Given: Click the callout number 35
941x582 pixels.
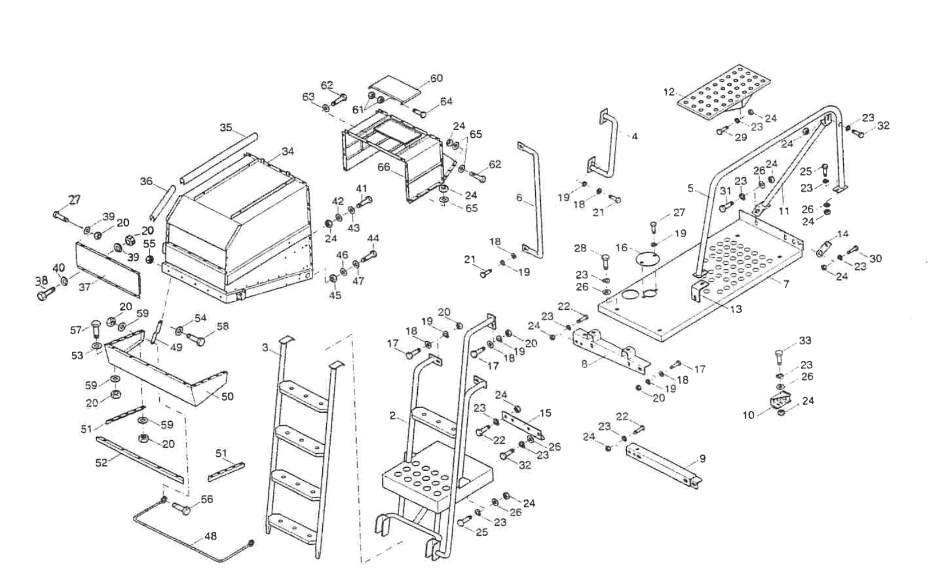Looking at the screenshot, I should click(226, 127).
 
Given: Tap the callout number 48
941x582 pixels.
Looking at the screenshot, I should click(211, 537).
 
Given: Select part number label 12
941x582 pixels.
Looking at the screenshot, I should click(669, 92).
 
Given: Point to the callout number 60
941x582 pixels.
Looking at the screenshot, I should click(436, 78).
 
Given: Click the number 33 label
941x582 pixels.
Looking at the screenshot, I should click(805, 341).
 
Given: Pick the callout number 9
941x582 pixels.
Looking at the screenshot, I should click(702, 459).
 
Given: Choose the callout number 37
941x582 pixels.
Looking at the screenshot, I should click(85, 287).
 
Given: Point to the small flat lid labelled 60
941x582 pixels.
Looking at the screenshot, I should click(394, 89).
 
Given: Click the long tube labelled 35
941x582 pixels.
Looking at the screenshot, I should click(218, 158).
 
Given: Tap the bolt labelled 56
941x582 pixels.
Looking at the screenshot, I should click(181, 507).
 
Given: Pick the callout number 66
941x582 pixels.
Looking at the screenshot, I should click(383, 168).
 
